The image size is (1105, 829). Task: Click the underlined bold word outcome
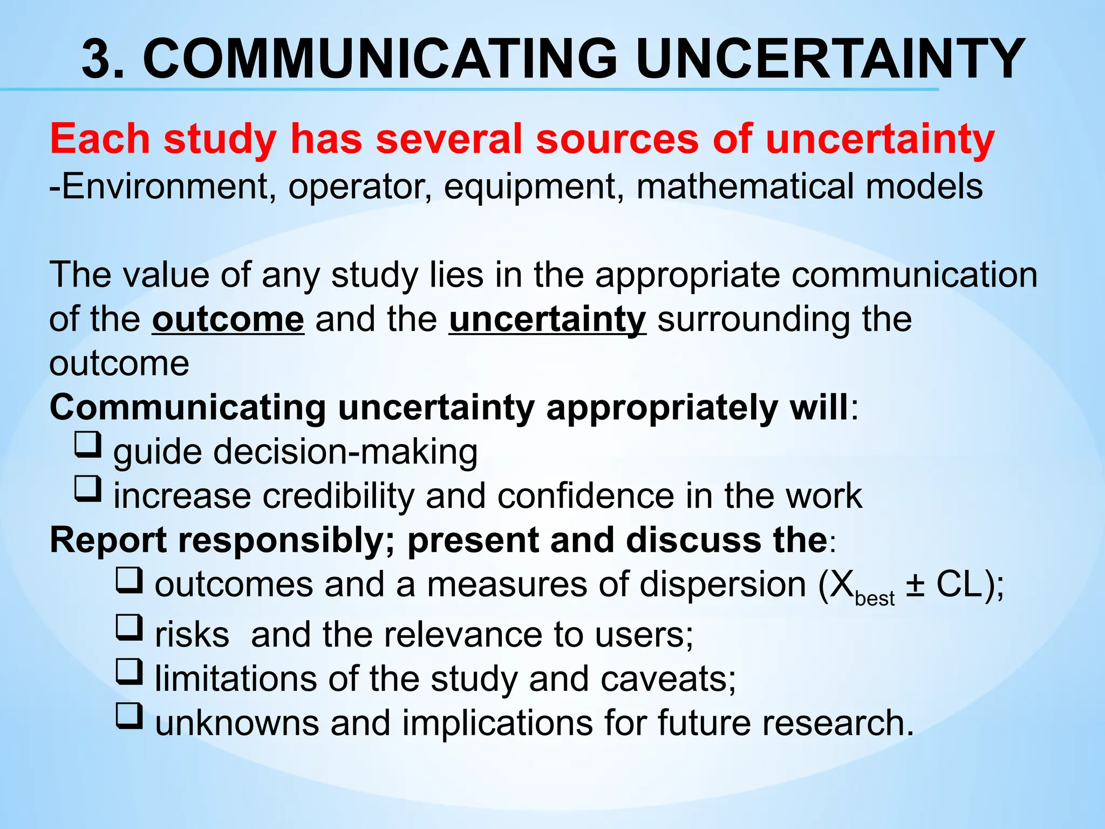pos(228,320)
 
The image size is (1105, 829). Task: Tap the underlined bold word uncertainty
pos(547,320)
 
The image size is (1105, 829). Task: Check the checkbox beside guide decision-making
pos(87,445)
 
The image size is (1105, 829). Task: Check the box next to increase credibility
pos(87,489)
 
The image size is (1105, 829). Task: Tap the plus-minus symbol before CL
pos(914,586)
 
